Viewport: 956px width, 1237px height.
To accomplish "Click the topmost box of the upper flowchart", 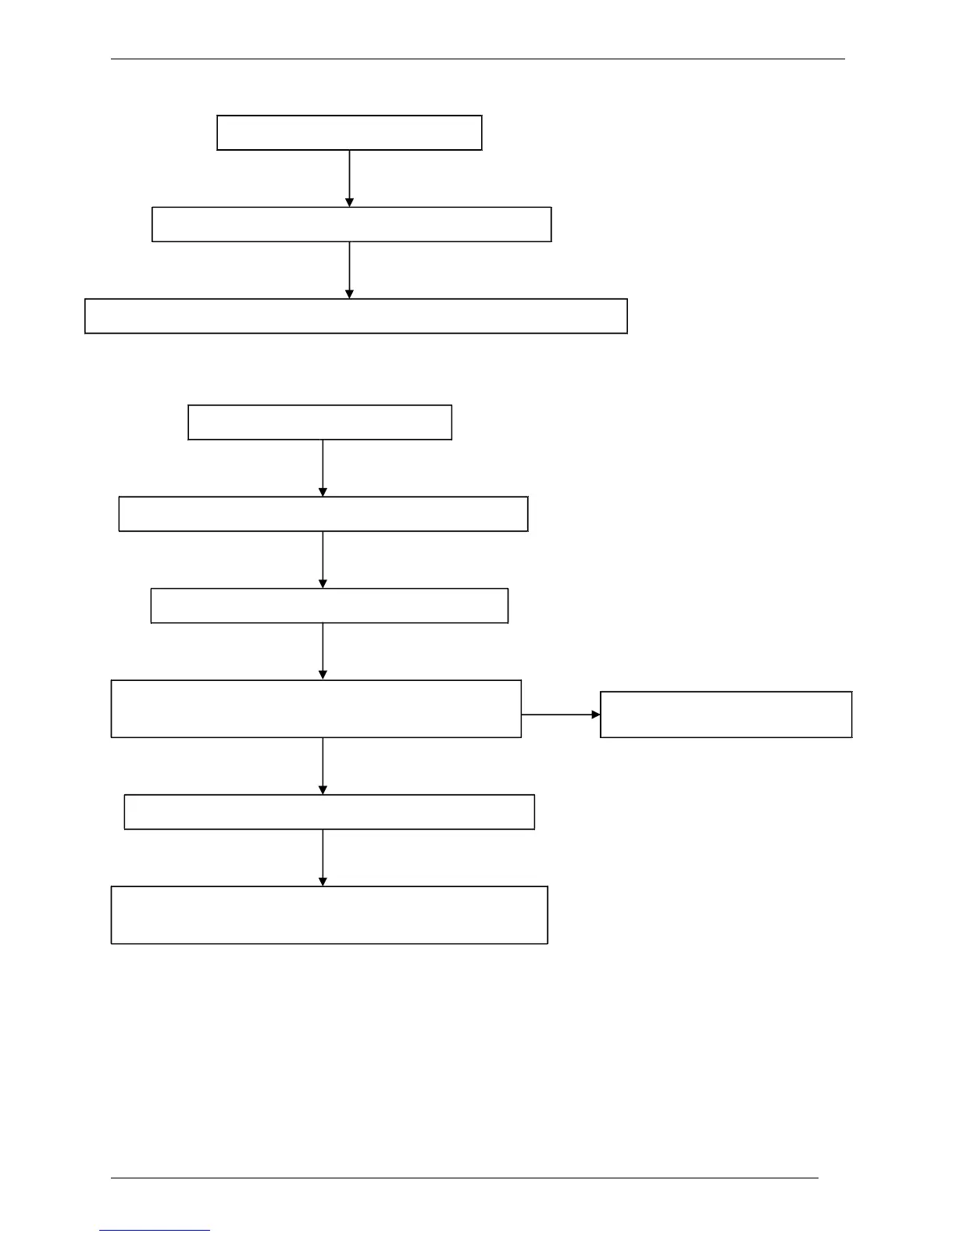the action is click(x=349, y=133).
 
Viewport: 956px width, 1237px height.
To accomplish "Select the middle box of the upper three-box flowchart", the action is click(x=351, y=224).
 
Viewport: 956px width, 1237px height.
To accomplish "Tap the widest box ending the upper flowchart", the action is click(x=356, y=316).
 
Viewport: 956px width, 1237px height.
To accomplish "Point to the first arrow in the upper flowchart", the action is click(x=349, y=178).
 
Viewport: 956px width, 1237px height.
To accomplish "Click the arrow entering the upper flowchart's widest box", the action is click(x=349, y=269).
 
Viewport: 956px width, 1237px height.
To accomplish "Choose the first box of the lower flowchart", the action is click(x=320, y=422).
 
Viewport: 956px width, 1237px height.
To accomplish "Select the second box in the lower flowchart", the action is click(x=323, y=514).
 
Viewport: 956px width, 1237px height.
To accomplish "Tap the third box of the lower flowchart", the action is click(x=330, y=606).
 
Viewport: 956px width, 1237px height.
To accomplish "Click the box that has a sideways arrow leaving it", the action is click(x=316, y=709).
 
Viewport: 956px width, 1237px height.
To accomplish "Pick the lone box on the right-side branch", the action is click(x=726, y=715).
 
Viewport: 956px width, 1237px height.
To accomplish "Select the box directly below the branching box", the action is click(x=330, y=812).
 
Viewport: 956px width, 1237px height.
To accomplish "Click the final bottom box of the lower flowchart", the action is click(x=330, y=915).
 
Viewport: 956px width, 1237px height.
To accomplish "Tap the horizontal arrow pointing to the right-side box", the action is click(x=561, y=715).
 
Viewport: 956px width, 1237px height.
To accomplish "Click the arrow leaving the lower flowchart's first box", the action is click(x=323, y=468).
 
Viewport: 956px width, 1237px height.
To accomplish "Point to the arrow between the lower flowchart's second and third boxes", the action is click(x=323, y=559).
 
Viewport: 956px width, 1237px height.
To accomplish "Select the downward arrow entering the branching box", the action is click(x=323, y=651).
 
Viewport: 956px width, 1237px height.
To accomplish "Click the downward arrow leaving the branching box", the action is click(x=323, y=766).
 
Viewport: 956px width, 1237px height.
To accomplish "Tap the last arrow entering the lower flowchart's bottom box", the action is click(x=323, y=857).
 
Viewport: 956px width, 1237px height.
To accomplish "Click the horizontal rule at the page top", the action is click(x=478, y=59).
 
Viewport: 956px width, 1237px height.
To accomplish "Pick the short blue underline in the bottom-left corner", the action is click(x=155, y=1231).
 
